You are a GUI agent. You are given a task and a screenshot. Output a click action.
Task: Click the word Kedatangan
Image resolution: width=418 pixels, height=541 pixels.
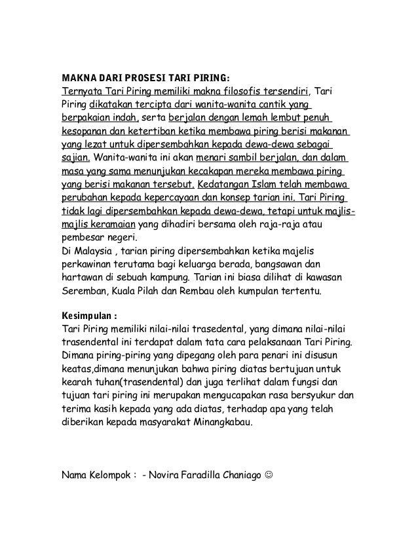(x=226, y=185)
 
